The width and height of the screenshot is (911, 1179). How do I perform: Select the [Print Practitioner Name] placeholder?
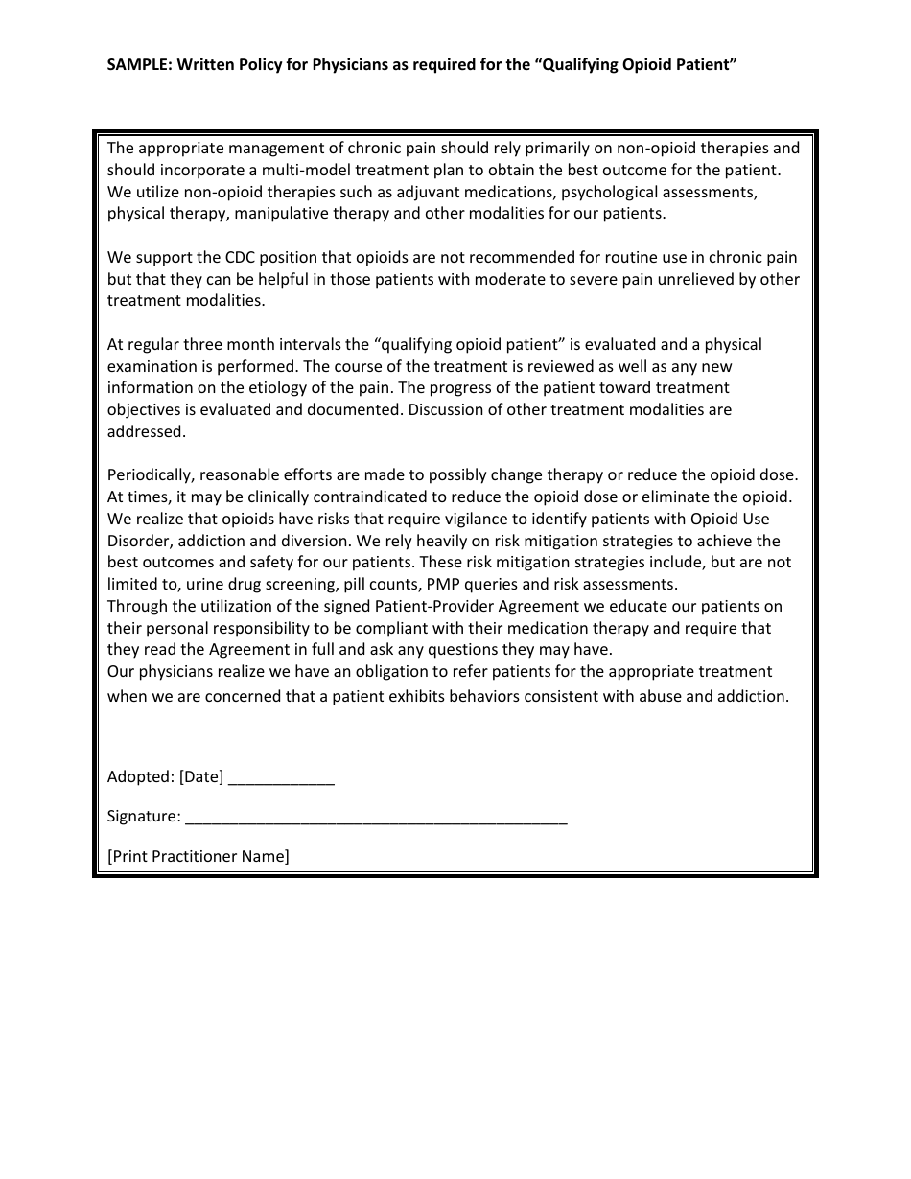198,856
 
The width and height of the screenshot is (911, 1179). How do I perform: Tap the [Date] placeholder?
201,777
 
